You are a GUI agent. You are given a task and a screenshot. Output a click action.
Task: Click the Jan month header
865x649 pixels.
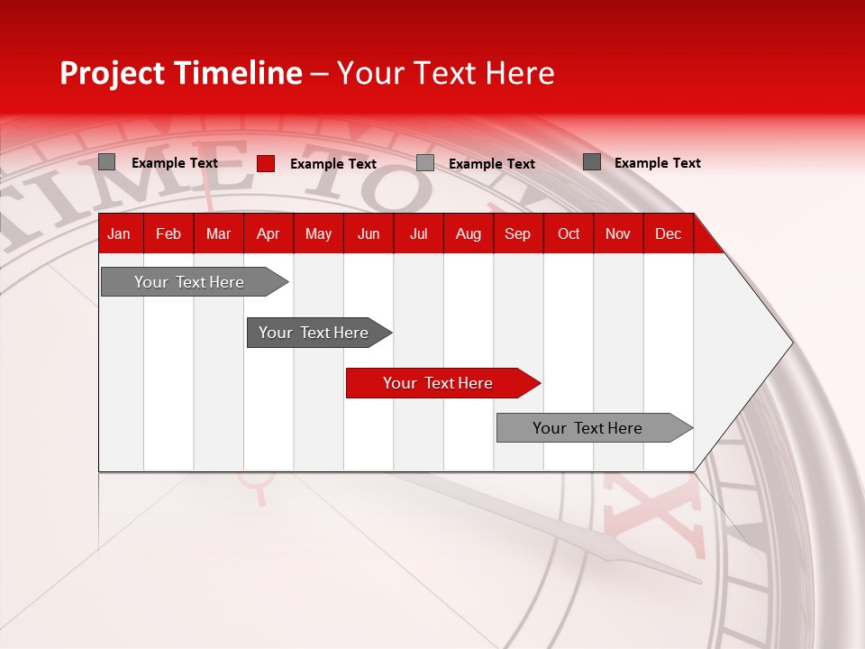point(119,233)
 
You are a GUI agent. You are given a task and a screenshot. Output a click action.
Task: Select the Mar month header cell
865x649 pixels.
point(218,233)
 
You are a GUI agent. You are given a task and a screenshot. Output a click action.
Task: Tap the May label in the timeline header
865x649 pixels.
point(318,233)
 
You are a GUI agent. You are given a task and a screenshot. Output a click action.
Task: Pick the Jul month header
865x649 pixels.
point(418,233)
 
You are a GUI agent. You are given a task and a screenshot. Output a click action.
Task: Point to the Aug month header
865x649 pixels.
point(468,233)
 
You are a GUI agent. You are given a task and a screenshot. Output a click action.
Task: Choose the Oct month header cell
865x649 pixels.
point(568,233)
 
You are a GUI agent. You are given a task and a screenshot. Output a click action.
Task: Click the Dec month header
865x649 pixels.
point(668,233)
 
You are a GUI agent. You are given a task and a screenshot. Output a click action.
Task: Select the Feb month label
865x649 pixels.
point(168,233)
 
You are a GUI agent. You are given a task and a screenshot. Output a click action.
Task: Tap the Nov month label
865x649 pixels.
point(617,233)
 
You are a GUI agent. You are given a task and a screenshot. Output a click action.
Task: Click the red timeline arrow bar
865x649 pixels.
point(442,383)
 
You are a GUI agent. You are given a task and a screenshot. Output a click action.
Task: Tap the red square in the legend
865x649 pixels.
point(266,163)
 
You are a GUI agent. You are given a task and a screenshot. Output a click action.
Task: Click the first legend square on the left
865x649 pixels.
point(107,162)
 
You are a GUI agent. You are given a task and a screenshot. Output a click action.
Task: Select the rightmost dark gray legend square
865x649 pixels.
point(592,162)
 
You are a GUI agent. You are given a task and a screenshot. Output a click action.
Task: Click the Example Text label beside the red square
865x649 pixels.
point(332,164)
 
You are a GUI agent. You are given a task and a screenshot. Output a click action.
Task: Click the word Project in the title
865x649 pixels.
point(111,73)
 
